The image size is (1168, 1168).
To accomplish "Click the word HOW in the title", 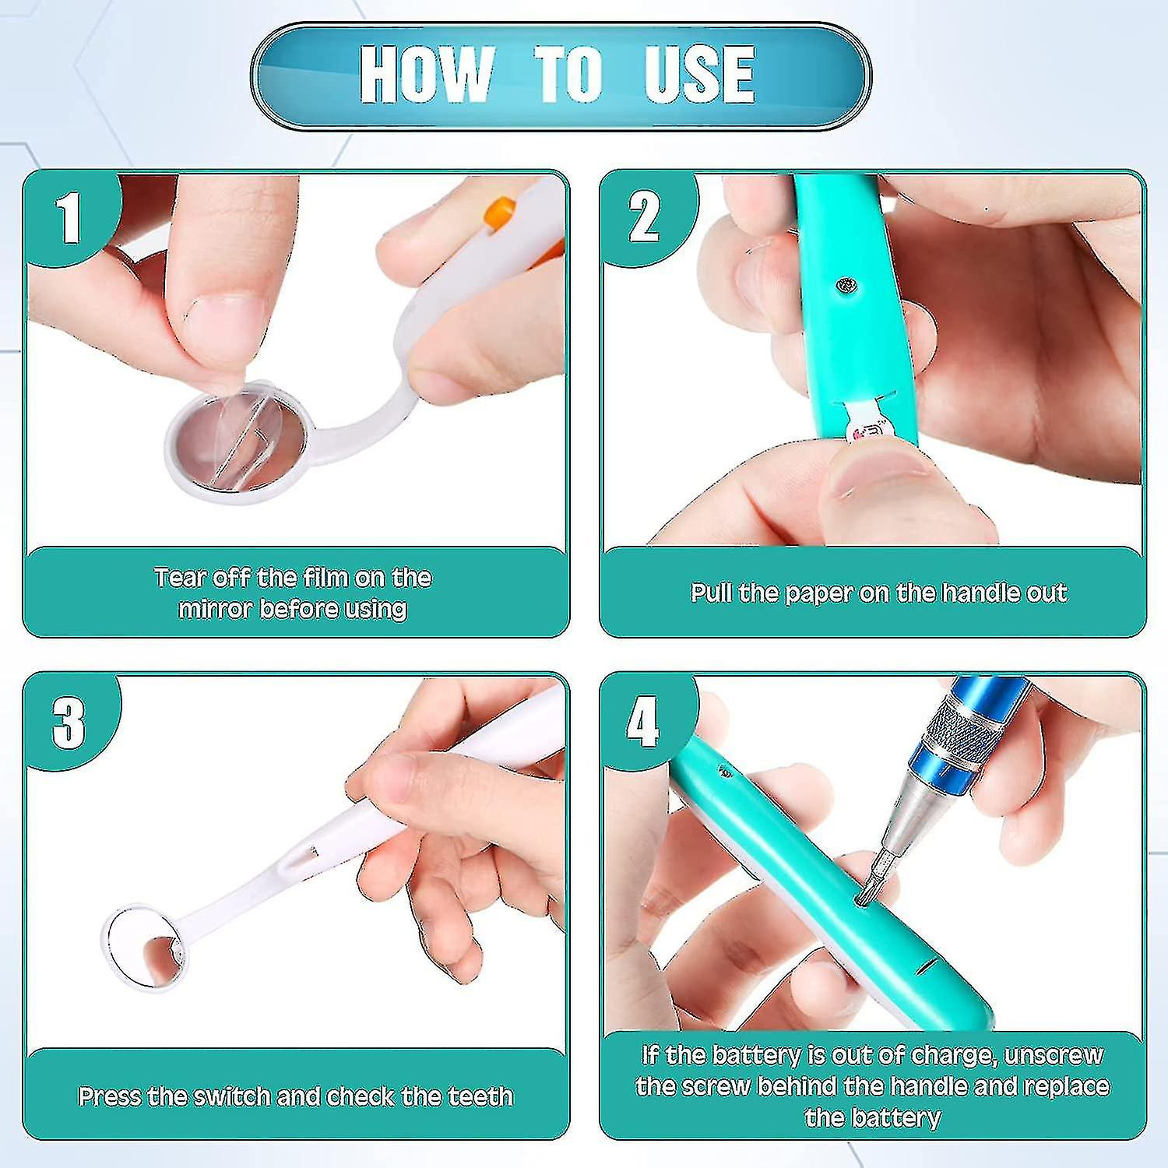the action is coord(427,74).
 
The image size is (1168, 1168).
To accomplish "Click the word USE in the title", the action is coord(699,74).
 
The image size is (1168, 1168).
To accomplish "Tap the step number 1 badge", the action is coord(69,218).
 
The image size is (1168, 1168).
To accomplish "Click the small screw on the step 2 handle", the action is coord(846,286).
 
